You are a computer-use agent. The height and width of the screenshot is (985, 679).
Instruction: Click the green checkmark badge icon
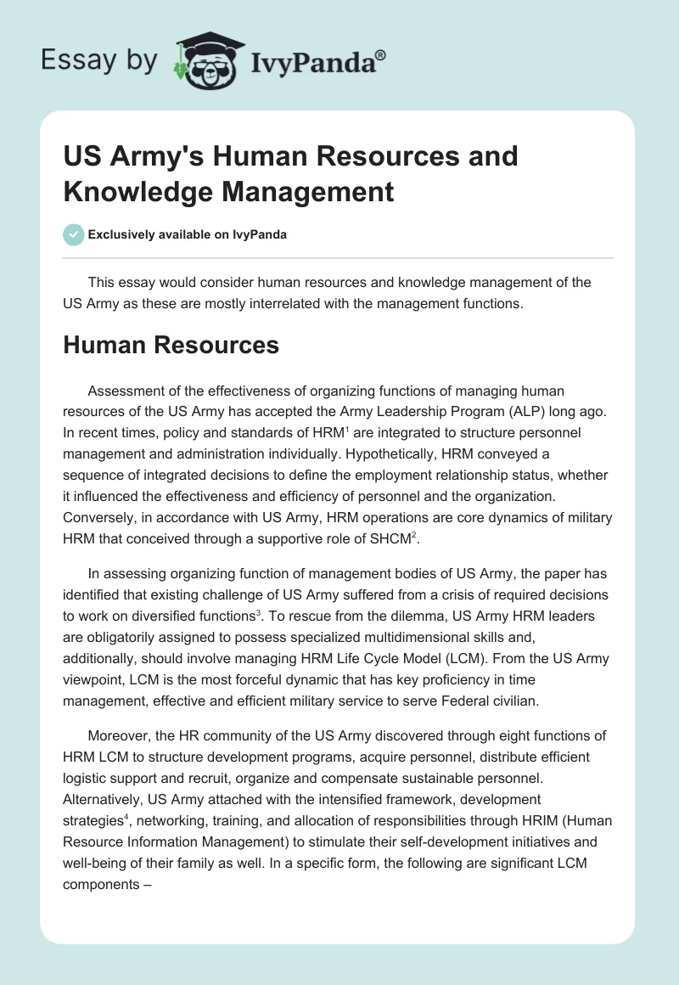tap(73, 234)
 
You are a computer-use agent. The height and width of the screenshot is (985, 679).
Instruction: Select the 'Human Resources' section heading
tap(171, 345)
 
